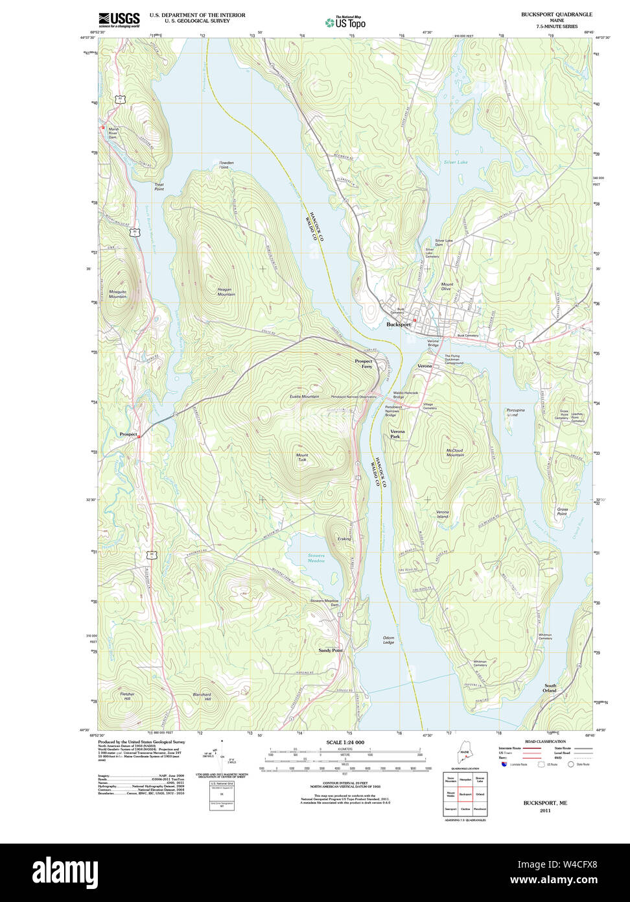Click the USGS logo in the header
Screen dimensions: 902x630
tap(119, 20)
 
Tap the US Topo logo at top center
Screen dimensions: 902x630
tap(345, 23)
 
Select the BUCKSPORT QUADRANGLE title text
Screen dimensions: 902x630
tap(556, 14)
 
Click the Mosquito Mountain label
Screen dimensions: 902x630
tap(117, 293)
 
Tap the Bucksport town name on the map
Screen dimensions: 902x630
tap(399, 324)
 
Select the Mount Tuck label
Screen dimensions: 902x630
tap(302, 457)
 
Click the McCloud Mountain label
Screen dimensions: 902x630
tap(455, 452)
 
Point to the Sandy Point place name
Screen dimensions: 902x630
tap(330, 650)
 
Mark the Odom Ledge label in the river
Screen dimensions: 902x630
tap(388, 640)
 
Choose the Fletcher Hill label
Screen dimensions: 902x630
tap(127, 696)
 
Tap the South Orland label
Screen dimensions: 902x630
tap(550, 688)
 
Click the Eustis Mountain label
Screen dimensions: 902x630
tap(304, 396)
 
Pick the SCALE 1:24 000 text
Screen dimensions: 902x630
tap(345, 742)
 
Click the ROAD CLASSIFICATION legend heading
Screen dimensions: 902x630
tap(544, 741)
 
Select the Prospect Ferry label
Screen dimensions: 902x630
tap(364, 364)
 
